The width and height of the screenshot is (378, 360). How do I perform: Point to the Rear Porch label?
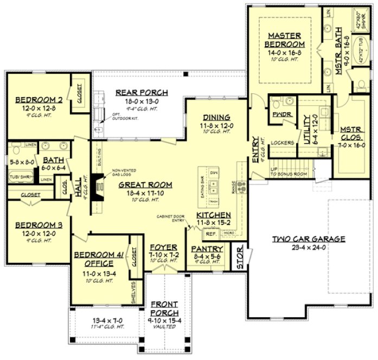click(142, 93)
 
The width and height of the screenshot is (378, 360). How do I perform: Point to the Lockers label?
click(284, 143)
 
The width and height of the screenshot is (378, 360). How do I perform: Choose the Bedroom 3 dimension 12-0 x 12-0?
click(36, 234)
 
